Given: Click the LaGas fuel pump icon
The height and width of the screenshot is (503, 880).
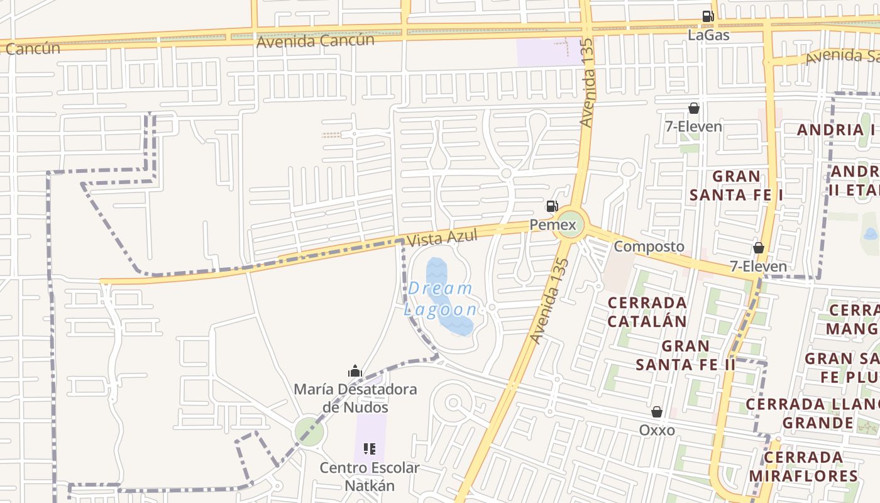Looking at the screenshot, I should tap(708, 16).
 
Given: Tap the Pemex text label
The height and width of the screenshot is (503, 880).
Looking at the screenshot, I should tap(553, 224).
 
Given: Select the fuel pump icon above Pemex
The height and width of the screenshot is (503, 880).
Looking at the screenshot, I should tap(551, 206).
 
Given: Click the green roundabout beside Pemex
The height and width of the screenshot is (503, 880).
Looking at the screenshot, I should tap(570, 224).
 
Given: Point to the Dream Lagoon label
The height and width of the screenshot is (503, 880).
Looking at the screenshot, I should tap(440, 299).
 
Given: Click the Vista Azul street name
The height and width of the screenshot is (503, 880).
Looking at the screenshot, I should tap(442, 238).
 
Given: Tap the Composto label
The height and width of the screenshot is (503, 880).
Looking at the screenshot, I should tap(649, 246).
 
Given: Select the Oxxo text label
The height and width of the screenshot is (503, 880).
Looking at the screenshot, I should tap(657, 430).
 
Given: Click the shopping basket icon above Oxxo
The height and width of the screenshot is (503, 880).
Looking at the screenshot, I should tap(657, 412).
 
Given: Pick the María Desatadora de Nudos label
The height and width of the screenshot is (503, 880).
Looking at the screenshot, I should tap(356, 398).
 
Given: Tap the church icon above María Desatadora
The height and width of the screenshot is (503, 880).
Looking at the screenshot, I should tap(355, 372).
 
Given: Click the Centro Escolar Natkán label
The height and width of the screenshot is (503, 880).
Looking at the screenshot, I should tap(370, 477).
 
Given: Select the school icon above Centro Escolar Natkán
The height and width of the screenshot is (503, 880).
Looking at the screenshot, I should tap(370, 449).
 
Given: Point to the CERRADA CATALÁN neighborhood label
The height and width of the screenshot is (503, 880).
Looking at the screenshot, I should tap(647, 312).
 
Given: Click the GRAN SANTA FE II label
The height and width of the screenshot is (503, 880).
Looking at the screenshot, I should tap(685, 355).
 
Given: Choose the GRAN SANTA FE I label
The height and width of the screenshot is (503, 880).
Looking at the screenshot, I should tap(736, 185).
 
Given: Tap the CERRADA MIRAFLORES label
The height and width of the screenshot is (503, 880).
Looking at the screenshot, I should tap(803, 467).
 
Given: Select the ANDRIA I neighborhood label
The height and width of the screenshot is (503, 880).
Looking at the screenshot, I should tap(836, 130).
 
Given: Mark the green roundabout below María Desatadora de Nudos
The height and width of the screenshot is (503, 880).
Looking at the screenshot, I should tap(309, 431).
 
